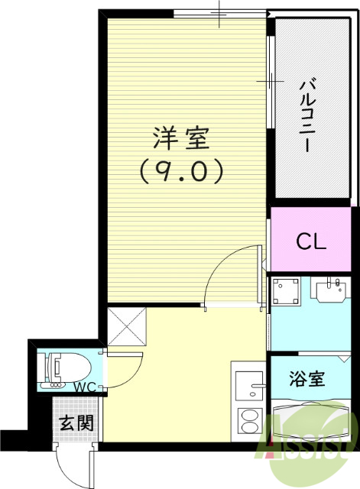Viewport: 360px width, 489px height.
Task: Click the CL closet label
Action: [x=311, y=242]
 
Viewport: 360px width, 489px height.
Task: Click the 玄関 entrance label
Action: [x=74, y=421]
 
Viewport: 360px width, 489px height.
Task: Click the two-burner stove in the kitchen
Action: [x=249, y=421]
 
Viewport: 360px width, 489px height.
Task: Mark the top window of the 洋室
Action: [x=219, y=13]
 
